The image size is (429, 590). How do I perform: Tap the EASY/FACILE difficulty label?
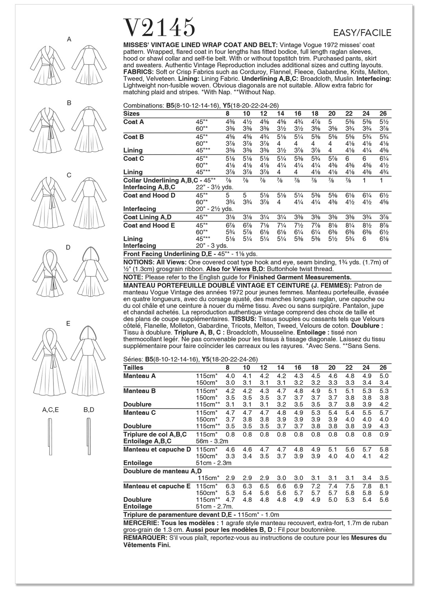tap(362, 33)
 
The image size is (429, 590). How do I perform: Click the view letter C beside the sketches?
tap(69, 175)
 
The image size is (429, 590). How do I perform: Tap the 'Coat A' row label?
tap(134, 122)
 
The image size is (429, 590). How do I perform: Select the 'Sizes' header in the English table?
tap(131, 114)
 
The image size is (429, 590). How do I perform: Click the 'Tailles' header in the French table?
tap(133, 367)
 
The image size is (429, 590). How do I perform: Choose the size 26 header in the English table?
tap(383, 114)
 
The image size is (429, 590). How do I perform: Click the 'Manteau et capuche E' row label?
tap(157, 486)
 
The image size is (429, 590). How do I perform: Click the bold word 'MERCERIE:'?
tap(141, 523)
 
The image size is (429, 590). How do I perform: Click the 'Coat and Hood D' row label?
tap(149, 195)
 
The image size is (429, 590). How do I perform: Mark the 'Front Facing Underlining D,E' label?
tap(168, 254)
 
